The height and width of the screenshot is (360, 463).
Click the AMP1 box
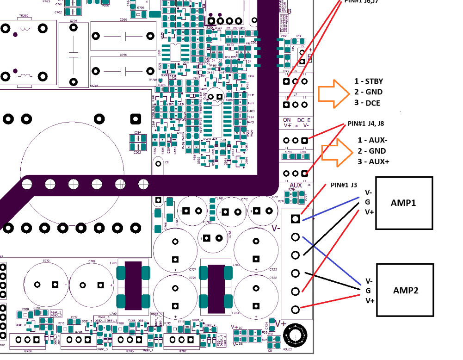[x=404, y=203]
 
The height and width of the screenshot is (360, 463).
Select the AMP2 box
[x=405, y=290]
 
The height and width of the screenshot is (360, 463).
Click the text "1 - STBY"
[x=369, y=81]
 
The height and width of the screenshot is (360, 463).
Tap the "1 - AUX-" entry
[x=373, y=140]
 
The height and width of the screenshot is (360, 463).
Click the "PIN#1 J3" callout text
[x=344, y=185]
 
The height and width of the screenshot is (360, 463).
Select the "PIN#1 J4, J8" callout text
[x=365, y=124]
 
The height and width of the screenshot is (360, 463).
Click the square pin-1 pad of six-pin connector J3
[x=296, y=218]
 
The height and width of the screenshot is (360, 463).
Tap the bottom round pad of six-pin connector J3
[x=296, y=309]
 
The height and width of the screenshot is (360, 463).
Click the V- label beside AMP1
[x=368, y=192]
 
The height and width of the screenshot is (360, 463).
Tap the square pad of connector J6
[x=287, y=81]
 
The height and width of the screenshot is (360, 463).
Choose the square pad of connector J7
[x=287, y=104]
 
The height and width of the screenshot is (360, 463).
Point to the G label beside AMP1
[x=368, y=202]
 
